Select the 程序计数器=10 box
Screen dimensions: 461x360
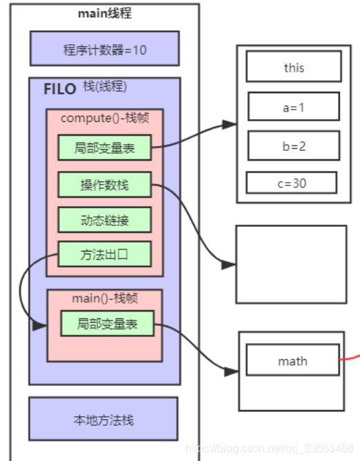[105, 49]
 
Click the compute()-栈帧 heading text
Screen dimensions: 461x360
[105, 118]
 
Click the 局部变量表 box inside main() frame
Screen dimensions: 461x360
[107, 323]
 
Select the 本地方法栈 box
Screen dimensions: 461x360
[103, 419]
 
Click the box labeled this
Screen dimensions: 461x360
[293, 68]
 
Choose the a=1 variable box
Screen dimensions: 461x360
[293, 107]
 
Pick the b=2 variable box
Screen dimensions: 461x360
[293, 145]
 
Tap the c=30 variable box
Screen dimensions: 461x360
[291, 183]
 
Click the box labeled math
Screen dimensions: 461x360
[292, 361]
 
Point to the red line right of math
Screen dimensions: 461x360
[351, 358]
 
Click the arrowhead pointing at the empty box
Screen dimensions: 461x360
[230, 264]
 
